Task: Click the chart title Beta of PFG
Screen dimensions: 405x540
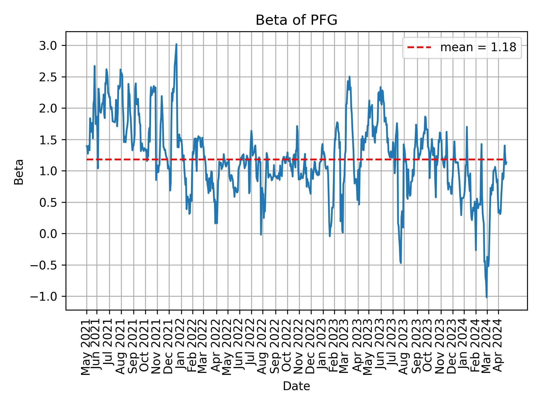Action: (x=296, y=20)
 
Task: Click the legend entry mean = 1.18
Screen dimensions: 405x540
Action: (x=478, y=48)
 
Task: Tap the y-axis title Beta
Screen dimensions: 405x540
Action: (x=19, y=172)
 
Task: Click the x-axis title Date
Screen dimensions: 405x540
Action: (x=296, y=386)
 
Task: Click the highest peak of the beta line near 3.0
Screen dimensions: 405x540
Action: (x=176, y=44)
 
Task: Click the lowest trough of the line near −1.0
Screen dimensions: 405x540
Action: (x=486, y=297)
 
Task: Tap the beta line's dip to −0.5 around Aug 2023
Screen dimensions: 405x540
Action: (x=400, y=263)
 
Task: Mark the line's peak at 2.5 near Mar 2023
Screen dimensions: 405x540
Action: (x=349, y=77)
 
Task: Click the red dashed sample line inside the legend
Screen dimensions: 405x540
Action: (x=419, y=48)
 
